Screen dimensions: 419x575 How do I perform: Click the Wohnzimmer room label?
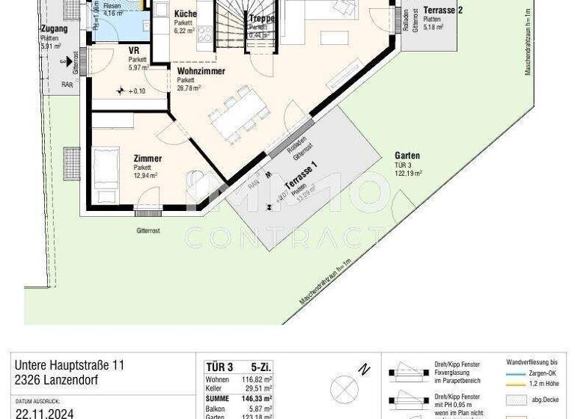tap(201, 73)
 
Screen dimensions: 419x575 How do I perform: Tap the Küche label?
tap(186, 14)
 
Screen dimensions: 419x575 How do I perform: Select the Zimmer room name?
tap(147, 159)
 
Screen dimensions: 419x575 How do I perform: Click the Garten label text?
tap(407, 156)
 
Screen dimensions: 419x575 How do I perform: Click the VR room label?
tap(133, 51)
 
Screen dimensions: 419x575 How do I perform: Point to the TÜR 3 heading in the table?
tap(219, 367)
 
